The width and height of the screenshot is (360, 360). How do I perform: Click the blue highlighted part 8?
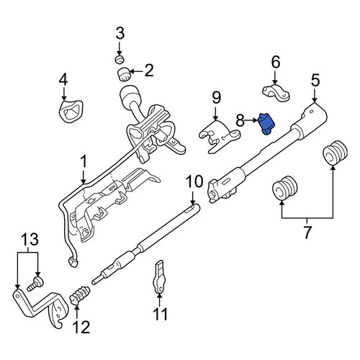point(266,124)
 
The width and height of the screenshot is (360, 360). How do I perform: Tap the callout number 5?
point(315,80)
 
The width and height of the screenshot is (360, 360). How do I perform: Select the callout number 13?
point(30,239)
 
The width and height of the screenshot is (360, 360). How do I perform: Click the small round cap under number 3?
point(120,59)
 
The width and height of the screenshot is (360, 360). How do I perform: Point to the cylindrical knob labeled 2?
point(124,74)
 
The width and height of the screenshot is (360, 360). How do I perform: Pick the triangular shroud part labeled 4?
point(71,111)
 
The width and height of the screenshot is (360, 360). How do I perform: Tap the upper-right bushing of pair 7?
point(336,153)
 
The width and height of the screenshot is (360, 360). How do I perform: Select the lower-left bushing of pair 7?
point(285,189)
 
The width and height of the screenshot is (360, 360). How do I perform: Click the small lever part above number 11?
point(159,276)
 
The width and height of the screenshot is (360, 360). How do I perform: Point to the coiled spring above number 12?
point(80,294)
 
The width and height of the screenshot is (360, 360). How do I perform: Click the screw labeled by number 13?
point(35,284)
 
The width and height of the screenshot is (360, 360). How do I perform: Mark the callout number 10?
point(194,182)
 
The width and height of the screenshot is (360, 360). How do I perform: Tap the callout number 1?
point(84,162)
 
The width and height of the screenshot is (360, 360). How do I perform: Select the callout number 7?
point(307,232)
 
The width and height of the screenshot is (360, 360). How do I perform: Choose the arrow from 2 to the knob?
point(136,71)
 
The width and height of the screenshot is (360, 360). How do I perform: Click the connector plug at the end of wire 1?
point(73,262)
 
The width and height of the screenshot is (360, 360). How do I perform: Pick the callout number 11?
point(160,314)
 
